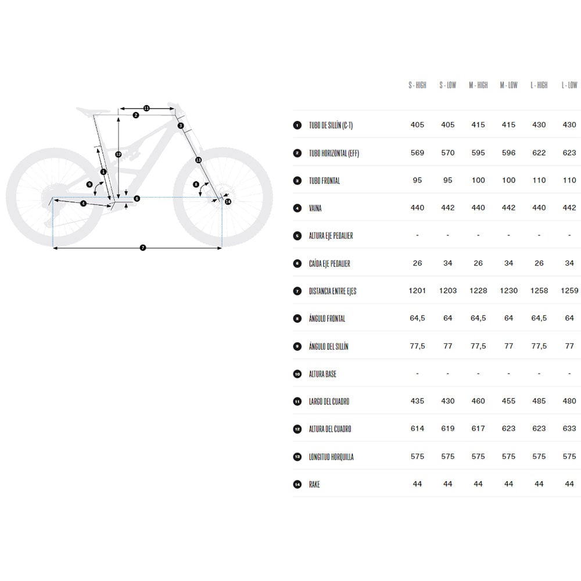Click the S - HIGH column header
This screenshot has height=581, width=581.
click(417, 85)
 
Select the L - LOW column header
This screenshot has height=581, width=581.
click(569, 85)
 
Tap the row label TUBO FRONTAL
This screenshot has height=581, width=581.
click(324, 181)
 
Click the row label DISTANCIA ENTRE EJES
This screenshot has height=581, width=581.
click(332, 291)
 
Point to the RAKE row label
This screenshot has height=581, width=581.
click(314, 485)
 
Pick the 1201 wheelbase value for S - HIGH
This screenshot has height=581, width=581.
click(417, 291)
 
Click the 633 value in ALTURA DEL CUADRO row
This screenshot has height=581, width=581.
click(569, 429)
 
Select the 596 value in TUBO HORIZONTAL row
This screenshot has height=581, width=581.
click(508, 153)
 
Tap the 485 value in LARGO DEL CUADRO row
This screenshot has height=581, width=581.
click(539, 401)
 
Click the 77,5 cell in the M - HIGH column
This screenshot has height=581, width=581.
click(478, 346)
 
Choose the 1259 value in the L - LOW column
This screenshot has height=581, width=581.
click(569, 291)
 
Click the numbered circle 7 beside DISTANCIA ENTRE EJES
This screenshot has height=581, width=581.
click(297, 291)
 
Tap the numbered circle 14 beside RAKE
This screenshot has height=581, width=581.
click(297, 485)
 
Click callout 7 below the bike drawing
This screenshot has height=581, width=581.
click(143, 248)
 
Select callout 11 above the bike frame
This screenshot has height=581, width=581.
click(146, 108)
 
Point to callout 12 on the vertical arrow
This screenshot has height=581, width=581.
click(118, 154)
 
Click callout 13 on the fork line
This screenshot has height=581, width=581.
click(198, 160)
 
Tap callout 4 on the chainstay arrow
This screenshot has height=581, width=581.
click(83, 203)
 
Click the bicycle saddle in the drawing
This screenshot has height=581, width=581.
click(93, 111)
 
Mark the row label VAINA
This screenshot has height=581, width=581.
click(315, 208)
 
